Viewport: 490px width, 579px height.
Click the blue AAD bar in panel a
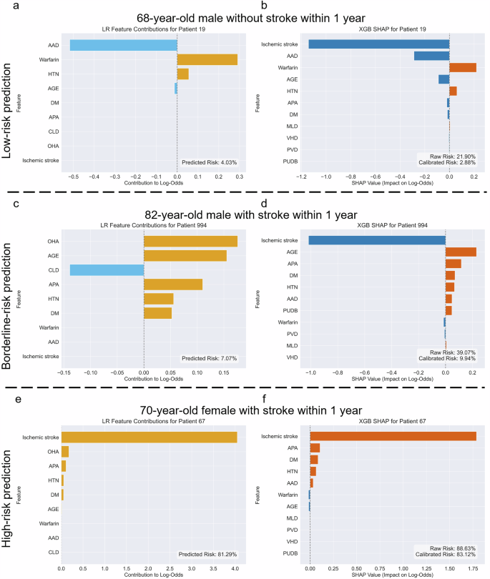[x=123, y=45]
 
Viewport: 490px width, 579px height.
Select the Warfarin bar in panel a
[x=207, y=59]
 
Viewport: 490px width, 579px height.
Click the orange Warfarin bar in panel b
[x=462, y=68]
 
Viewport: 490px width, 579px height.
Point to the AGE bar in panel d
[x=461, y=252]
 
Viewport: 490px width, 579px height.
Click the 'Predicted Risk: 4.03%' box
[x=207, y=162]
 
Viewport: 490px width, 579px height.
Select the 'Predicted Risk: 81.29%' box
[x=207, y=554]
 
